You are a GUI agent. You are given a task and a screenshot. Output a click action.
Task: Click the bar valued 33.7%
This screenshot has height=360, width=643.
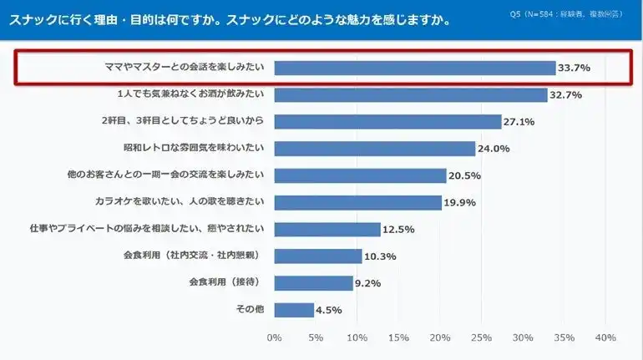pyautogui.click(x=414, y=68)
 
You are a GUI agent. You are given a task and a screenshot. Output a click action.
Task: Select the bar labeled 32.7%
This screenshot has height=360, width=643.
pyautogui.click(x=410, y=94)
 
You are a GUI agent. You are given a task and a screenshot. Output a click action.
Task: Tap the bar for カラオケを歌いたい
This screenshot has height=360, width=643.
pyautogui.click(x=357, y=202)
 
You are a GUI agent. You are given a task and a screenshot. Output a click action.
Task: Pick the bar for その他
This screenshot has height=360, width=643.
pyautogui.click(x=294, y=310)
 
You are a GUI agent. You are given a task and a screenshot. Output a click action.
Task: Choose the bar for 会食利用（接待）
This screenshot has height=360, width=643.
pyautogui.click(x=313, y=283)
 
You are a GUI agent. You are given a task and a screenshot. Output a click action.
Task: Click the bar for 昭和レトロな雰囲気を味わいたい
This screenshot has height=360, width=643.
pyautogui.click(x=374, y=149)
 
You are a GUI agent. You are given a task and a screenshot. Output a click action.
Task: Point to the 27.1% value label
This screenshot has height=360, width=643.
pyautogui.click(x=519, y=122)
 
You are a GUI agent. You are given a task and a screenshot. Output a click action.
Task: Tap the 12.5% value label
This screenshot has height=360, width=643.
pyautogui.click(x=397, y=230)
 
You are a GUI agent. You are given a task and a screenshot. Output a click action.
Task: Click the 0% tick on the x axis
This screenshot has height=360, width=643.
pyautogui.click(x=274, y=337)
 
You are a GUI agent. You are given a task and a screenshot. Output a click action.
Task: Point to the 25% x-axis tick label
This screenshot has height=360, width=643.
pyautogui.click(x=481, y=337)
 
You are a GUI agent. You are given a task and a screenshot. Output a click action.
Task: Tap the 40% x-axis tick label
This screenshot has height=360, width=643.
pyautogui.click(x=605, y=337)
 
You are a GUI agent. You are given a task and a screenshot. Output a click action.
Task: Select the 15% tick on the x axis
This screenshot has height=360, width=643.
pyautogui.click(x=398, y=337)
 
